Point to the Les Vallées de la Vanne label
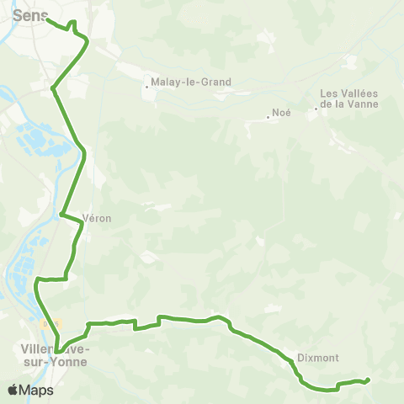pyautogui.click(x=349, y=98)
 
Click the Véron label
pyautogui.click(x=97, y=218)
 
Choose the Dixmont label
pyautogui.click(x=317, y=358)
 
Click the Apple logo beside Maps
pyautogui.click(x=13, y=390)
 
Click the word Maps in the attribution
pyautogui.click(x=36, y=391)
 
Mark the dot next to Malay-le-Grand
pyautogui.click(x=146, y=83)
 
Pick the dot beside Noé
pyautogui.click(x=268, y=117)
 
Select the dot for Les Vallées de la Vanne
pyautogui.click(x=316, y=108)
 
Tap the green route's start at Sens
pyautogui.click(x=47, y=19)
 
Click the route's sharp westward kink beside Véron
pyautogui.click(x=61, y=214)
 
